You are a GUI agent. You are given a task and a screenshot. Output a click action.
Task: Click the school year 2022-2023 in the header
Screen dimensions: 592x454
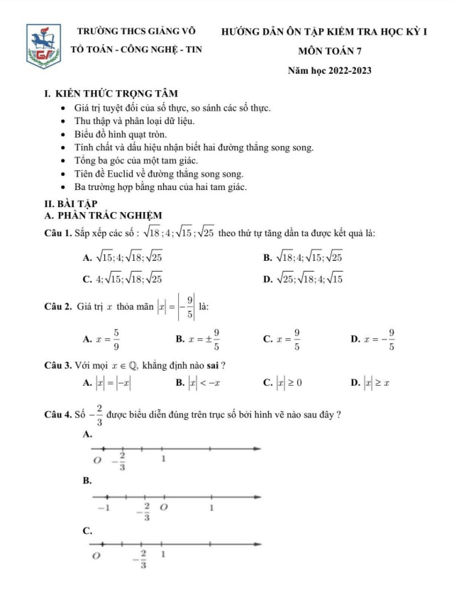pos(329,71)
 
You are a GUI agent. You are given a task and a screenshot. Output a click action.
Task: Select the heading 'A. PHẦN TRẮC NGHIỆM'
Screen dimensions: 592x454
pos(103,216)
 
